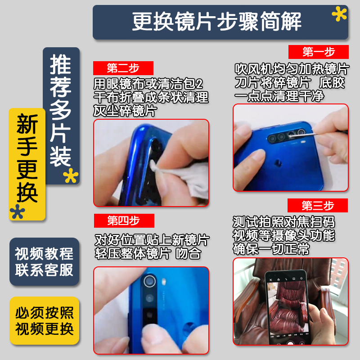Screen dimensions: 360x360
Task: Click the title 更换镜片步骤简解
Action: coord(216,22)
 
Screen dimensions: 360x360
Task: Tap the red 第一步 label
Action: coord(318,52)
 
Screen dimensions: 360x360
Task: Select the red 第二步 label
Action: coord(123,68)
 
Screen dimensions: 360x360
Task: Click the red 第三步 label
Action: coord(318,206)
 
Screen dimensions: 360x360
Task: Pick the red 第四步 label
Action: coord(124,220)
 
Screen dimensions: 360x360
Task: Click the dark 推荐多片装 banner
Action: coord(61,110)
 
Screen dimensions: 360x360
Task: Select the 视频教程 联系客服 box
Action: coord(44,261)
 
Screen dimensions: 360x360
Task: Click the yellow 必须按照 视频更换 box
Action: coord(44,321)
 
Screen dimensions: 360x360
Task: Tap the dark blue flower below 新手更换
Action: coord(18,211)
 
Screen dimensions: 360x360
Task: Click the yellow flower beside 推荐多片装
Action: coord(71,176)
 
